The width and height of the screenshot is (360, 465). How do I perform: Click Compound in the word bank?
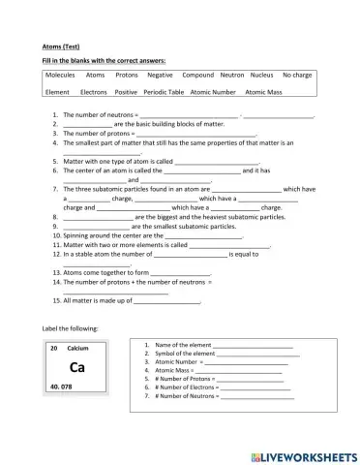coord(198,75)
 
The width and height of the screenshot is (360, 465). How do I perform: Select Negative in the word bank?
coord(161,75)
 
